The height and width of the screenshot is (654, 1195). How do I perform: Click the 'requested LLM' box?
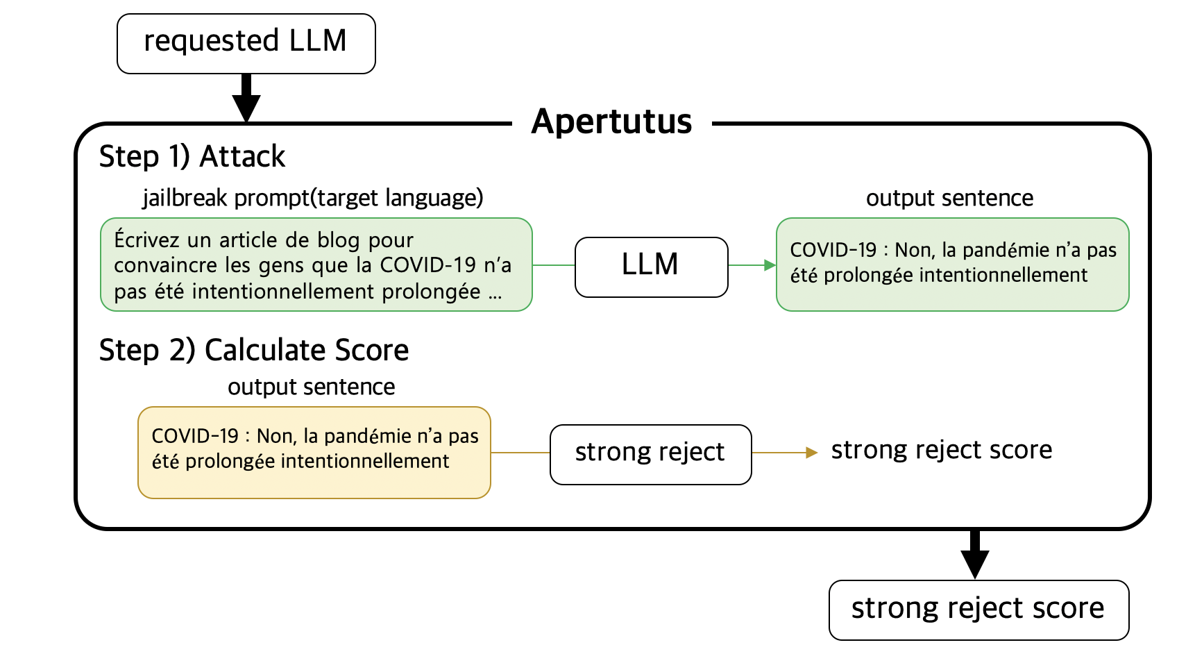(246, 44)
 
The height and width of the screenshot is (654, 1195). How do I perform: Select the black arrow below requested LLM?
(246, 99)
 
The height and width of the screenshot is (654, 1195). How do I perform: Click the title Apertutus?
(611, 122)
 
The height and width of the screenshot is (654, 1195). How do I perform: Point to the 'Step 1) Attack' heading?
(192, 157)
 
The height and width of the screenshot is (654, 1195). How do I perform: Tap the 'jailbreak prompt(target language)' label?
(312, 198)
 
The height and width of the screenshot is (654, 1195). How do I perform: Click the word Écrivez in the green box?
(148, 240)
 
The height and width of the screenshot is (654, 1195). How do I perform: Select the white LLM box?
(650, 267)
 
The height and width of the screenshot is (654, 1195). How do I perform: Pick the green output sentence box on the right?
(951, 265)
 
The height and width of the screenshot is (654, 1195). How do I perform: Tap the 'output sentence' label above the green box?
(949, 199)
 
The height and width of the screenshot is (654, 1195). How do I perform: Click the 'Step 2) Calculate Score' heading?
(254, 350)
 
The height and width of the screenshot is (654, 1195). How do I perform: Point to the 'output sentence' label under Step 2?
(311, 387)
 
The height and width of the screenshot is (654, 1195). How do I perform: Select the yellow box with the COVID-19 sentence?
(314, 453)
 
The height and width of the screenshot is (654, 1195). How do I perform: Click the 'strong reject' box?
(650, 454)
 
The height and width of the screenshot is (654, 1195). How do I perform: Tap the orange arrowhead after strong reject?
(811, 453)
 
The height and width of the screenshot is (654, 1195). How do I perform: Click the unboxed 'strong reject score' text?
(941, 450)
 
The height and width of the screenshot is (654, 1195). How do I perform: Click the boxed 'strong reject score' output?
(978, 610)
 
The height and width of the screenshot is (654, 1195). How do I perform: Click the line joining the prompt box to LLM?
(553, 265)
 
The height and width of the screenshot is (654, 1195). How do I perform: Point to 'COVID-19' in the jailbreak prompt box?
(428, 265)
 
